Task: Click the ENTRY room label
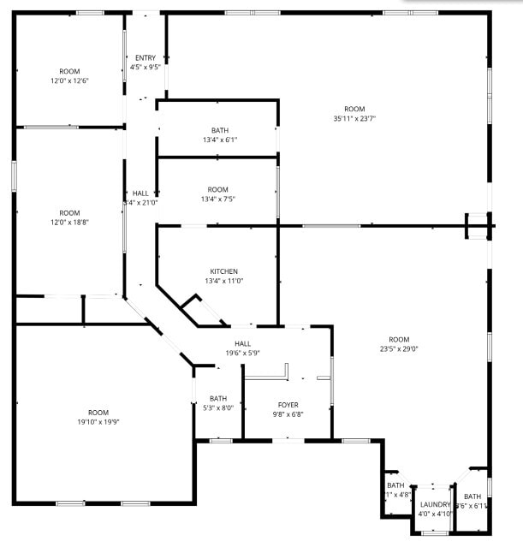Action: [x=146, y=58]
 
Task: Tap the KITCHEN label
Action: [x=218, y=271]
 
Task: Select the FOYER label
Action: [x=288, y=405]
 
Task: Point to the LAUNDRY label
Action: [x=436, y=505]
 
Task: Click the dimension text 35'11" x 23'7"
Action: [x=354, y=119]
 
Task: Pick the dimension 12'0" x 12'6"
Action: [x=69, y=80]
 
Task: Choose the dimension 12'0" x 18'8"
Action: [x=69, y=223]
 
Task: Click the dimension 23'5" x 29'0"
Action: [x=399, y=348]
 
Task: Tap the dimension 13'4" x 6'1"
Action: [x=220, y=140]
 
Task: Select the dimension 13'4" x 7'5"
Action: [x=218, y=199]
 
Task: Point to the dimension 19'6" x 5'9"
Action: [x=242, y=353]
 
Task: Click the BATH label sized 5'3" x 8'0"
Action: [x=218, y=397]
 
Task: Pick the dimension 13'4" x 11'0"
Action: [x=218, y=281]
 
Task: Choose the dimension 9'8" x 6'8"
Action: [x=288, y=414]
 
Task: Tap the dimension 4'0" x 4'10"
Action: [x=436, y=514]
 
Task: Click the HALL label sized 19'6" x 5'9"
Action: [x=242, y=343]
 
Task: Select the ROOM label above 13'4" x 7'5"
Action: [x=218, y=189]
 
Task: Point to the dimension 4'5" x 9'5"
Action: [x=146, y=67]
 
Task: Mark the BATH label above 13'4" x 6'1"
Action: [x=220, y=130]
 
